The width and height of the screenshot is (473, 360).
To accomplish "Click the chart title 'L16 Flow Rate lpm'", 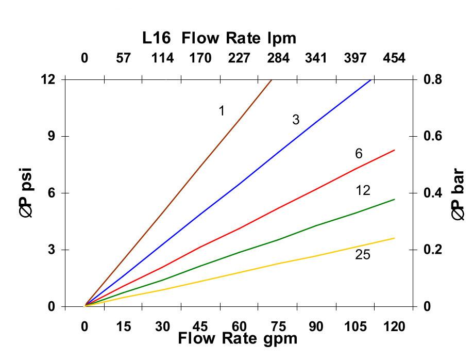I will (219, 38).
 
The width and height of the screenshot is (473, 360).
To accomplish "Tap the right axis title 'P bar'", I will (458, 195).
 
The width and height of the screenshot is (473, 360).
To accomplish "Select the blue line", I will (239, 184).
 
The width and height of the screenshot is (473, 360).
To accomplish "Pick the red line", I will (278, 208).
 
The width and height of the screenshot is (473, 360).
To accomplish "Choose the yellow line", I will (278, 264).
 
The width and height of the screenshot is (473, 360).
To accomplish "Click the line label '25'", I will (363, 255).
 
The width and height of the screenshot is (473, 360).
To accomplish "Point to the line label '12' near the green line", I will (363, 191).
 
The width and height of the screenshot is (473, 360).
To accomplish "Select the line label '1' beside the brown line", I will (222, 111).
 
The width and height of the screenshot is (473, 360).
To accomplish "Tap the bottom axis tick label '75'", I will (278, 326).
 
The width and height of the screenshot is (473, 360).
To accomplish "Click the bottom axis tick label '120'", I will (394, 326).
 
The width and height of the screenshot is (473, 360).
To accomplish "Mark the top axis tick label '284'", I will (278, 58).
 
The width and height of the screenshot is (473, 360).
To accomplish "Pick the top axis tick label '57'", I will (123, 58).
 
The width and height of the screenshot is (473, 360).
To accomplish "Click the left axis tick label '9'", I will (51, 136).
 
